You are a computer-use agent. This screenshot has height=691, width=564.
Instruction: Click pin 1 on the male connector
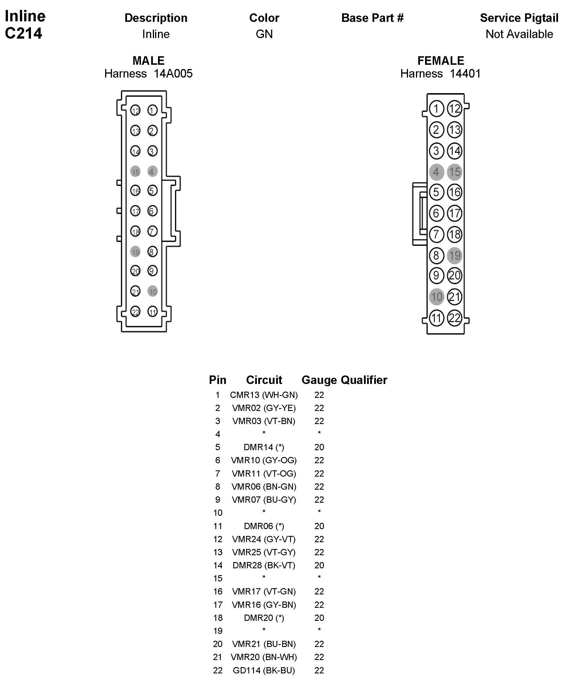click(152, 110)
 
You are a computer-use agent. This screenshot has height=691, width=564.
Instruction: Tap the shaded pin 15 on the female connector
click(455, 172)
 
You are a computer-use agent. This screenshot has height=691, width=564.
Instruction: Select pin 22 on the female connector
click(455, 318)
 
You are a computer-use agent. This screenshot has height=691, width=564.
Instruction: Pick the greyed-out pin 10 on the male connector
click(152, 291)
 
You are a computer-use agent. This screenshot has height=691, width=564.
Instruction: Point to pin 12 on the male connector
click(135, 110)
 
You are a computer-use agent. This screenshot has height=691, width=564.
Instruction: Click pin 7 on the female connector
click(436, 234)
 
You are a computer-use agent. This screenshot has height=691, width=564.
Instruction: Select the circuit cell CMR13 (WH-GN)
click(264, 395)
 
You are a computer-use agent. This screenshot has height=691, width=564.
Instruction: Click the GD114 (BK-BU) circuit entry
click(264, 670)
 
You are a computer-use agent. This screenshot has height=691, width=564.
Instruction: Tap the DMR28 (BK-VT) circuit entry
click(264, 565)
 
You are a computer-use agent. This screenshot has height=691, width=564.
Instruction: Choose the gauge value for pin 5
click(319, 447)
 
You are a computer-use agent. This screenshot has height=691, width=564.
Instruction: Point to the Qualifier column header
click(364, 380)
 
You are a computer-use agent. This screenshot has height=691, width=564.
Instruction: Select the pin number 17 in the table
click(218, 605)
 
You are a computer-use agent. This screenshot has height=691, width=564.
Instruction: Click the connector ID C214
click(23, 33)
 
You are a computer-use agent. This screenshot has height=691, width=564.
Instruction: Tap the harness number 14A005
click(173, 74)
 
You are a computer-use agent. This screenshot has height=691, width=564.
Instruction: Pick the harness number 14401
click(465, 74)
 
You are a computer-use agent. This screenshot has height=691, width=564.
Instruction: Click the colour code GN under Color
click(264, 34)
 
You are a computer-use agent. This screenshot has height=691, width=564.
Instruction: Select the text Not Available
click(519, 34)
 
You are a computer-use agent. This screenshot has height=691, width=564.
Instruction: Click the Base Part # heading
click(372, 18)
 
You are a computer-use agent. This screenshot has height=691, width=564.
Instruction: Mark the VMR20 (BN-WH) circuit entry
click(264, 657)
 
